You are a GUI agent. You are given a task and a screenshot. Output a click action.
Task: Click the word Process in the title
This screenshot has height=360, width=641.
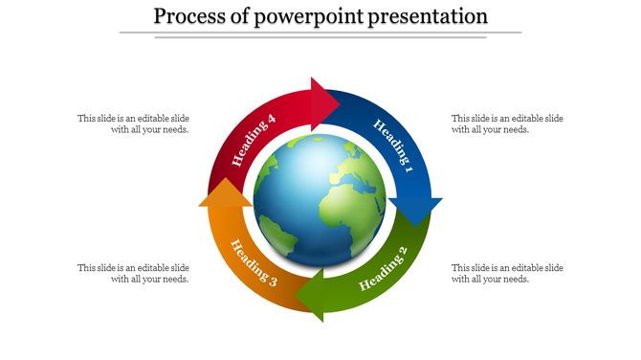coord(190,16)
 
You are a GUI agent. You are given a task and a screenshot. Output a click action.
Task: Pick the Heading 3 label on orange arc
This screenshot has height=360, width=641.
coord(253,267)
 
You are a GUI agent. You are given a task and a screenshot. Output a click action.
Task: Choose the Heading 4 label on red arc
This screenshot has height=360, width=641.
coord(254,140)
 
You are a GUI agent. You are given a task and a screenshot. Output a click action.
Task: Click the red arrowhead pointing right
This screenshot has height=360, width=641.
coord(325,101)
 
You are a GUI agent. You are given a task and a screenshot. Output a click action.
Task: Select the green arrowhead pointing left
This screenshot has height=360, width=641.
coord(310,295)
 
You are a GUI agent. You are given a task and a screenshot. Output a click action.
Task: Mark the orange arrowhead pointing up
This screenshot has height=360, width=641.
coord(225,193)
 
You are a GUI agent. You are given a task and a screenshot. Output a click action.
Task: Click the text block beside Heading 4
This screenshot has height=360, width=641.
coord(133,124)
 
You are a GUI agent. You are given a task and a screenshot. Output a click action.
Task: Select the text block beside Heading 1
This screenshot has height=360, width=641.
coord(507,124)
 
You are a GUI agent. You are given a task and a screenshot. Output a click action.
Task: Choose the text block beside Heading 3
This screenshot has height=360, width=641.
coord(133,273)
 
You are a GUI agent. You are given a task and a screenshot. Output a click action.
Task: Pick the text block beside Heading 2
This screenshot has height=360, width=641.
coord(507,273)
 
